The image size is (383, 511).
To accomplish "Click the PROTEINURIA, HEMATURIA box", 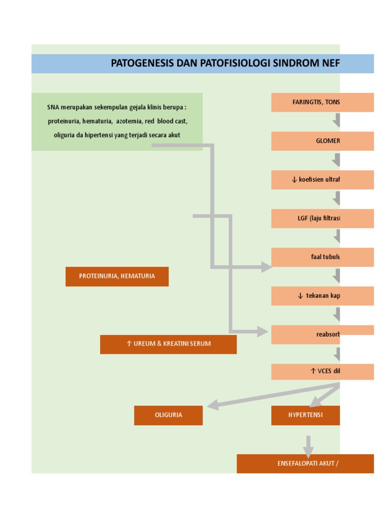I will (117, 276).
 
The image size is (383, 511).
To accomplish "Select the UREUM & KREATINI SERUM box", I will (168, 344).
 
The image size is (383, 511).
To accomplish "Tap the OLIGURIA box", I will (168, 415).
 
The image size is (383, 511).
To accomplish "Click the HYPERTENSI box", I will (305, 415).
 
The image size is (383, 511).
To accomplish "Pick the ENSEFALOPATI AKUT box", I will (305, 463).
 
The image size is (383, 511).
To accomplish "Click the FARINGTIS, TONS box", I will (322, 102).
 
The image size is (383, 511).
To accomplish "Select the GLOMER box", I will (322, 141).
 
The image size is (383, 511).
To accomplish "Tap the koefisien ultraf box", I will (322, 180).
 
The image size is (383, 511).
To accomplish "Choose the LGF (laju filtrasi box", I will (322, 218).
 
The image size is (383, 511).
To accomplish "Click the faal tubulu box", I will (322, 257).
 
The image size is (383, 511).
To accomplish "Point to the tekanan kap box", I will (322, 295).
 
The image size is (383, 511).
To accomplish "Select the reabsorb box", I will (322, 334).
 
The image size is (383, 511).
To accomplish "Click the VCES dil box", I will (322, 372).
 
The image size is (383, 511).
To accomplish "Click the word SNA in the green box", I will (52, 107).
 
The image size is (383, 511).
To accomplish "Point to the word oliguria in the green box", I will (64, 135).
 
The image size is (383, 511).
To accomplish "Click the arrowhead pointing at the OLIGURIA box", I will (213, 405).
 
